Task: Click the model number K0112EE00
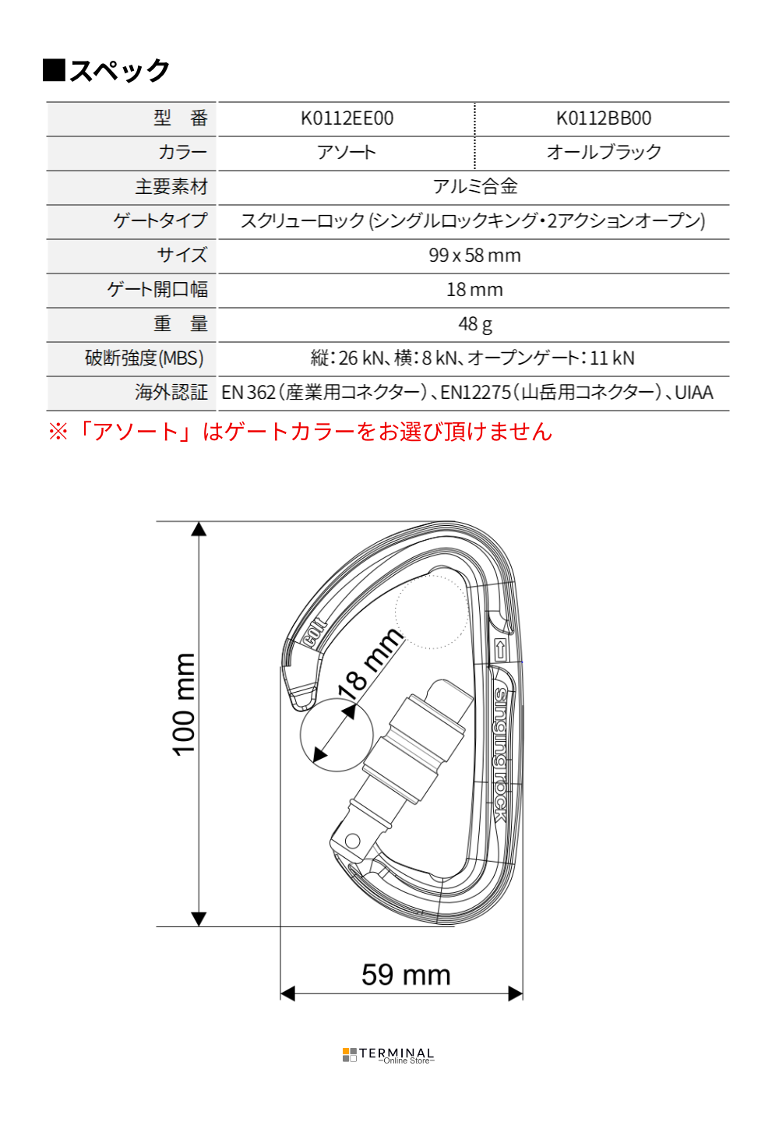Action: tap(347, 118)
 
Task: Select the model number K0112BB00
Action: tap(603, 118)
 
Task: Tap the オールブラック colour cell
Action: tap(603, 152)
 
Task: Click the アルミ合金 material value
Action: tap(474, 186)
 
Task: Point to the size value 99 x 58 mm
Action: tap(474, 256)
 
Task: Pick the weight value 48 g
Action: tap(474, 324)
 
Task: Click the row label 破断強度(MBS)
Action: tap(144, 358)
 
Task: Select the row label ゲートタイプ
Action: tap(160, 221)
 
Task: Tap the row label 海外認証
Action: tap(171, 392)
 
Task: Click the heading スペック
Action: tap(120, 70)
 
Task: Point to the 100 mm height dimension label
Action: tap(184, 704)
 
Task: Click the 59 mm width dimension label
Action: tap(406, 975)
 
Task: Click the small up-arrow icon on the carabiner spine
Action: tap(500, 650)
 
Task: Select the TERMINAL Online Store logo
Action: tap(389, 1055)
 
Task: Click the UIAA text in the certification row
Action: tap(693, 392)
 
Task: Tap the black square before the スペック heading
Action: tap(54, 70)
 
